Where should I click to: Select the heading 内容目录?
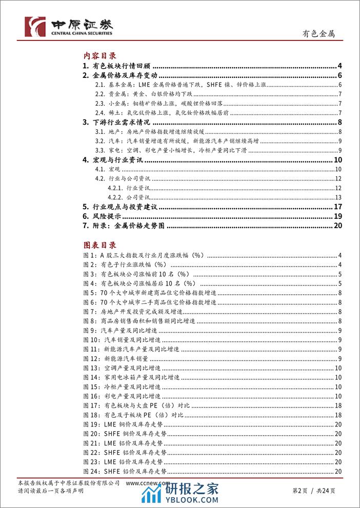[100, 56]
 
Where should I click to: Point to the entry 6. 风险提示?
[103, 217]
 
